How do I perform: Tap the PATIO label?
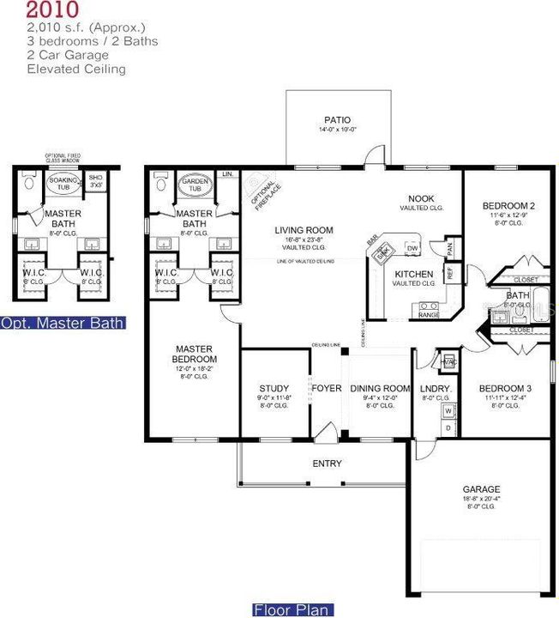pyautogui.click(x=337, y=120)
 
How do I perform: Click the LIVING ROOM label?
pyautogui.click(x=304, y=230)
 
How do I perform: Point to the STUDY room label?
pyautogui.click(x=273, y=388)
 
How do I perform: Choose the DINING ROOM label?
pyautogui.click(x=380, y=388)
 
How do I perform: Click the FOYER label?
pyautogui.click(x=326, y=388)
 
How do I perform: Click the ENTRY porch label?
pyautogui.click(x=327, y=463)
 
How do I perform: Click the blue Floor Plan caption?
pyautogui.click(x=291, y=610)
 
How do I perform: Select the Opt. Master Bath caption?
pyautogui.click(x=63, y=324)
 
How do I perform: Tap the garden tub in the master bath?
pyautogui.click(x=195, y=186)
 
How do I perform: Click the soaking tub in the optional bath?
pyautogui.click(x=62, y=184)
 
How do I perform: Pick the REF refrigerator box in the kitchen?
pyautogui.click(x=450, y=274)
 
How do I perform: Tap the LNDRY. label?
pyautogui.click(x=436, y=388)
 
